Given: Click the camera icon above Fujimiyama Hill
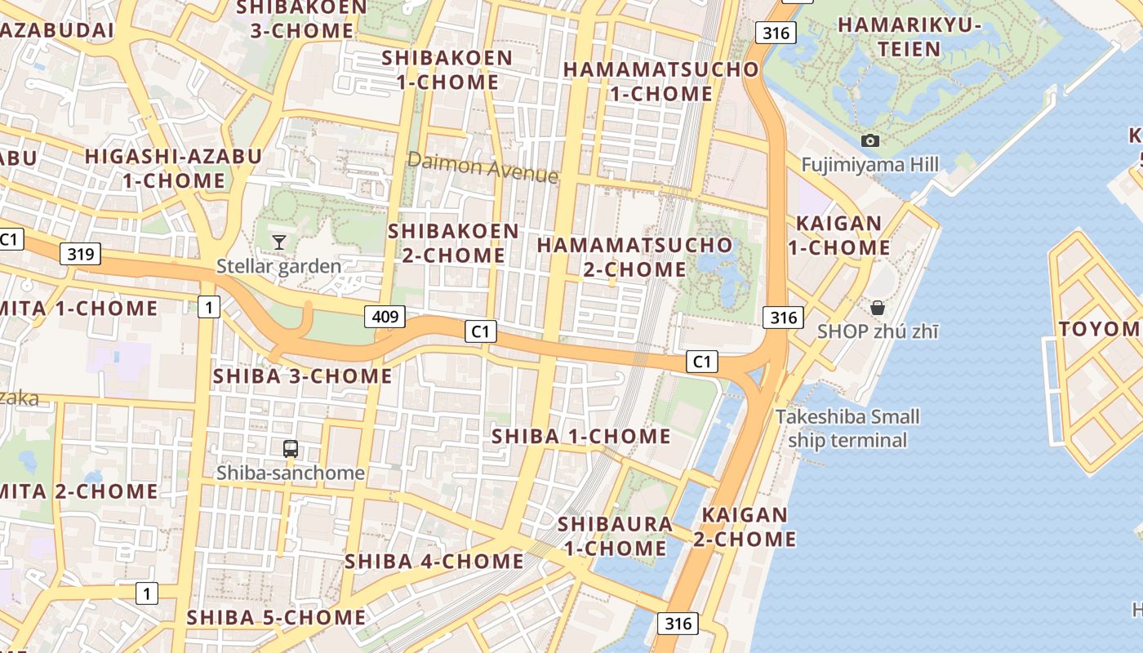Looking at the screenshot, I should click(870, 140).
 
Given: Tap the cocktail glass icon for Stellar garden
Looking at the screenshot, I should click(279, 242).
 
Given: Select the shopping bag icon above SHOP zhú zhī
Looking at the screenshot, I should click(878, 308).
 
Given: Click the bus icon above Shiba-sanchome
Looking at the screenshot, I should click(290, 448).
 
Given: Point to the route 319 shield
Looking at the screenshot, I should click(81, 254).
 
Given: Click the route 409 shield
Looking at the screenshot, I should click(385, 316).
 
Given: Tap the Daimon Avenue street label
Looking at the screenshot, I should click(483, 167).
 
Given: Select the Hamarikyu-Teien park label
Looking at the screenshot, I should click(910, 37).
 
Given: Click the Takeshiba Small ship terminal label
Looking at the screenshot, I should click(847, 429).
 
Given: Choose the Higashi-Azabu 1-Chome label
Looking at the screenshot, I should click(173, 168).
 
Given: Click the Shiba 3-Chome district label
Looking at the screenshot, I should click(302, 376).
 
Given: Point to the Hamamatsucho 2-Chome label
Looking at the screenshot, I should click(635, 256).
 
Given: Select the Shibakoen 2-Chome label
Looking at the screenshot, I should click(453, 242).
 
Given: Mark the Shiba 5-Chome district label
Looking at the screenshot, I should click(276, 618).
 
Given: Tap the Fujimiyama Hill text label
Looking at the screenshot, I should click(869, 165).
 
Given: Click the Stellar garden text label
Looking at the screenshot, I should click(278, 266).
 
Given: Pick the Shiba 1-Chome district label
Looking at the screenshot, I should click(580, 437).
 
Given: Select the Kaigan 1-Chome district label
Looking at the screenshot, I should click(839, 235).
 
